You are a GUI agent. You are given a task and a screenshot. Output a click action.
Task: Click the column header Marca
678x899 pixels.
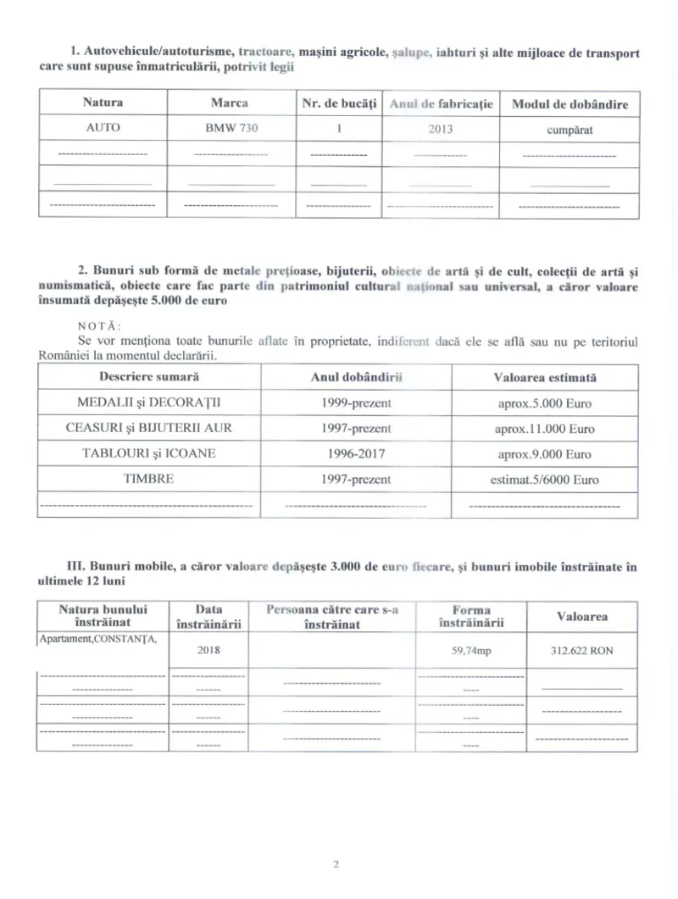pyautogui.click(x=229, y=103)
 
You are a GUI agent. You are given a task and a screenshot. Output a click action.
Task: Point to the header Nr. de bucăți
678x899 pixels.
pyautogui.click(x=338, y=104)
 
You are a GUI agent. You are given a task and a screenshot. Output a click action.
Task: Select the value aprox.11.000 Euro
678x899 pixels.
pyautogui.click(x=544, y=429)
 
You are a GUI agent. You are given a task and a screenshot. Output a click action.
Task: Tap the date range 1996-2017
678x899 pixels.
pyautogui.click(x=356, y=453)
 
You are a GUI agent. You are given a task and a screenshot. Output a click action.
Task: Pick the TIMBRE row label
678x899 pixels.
pyautogui.click(x=148, y=479)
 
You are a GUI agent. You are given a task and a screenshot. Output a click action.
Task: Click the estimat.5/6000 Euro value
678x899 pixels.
pyautogui.click(x=544, y=480)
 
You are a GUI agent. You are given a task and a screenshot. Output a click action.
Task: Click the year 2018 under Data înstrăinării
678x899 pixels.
pyautogui.click(x=208, y=651)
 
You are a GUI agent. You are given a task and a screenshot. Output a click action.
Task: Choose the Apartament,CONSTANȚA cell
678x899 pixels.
pyautogui.click(x=98, y=639)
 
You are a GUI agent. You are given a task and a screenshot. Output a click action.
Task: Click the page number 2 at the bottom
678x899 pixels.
pyautogui.click(x=336, y=865)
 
